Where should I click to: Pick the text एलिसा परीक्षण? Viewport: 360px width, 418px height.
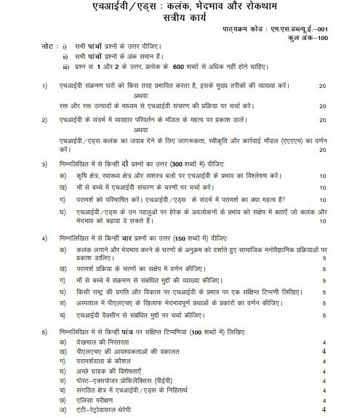click(99, 407)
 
